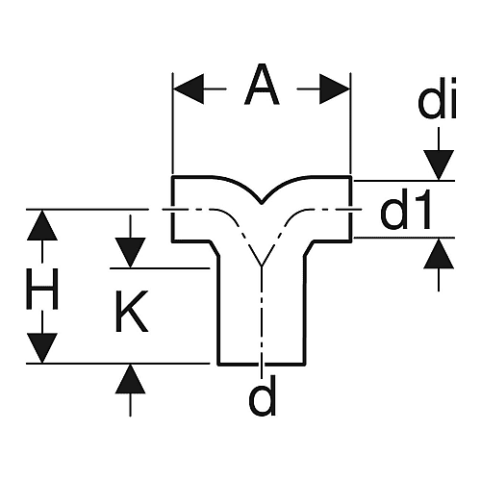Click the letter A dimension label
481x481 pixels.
[262, 85]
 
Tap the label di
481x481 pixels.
[437, 98]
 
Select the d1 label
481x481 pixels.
[406, 210]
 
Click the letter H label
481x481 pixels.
[42, 289]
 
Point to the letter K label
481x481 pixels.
[132, 311]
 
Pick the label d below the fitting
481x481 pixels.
[262, 395]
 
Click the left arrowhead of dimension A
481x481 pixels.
[189, 89]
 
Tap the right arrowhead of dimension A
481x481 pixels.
[334, 89]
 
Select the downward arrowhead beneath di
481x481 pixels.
[439, 165]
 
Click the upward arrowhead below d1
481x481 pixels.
[439, 253]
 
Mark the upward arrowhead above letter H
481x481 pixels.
[42, 225]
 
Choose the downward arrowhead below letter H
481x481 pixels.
[42, 347]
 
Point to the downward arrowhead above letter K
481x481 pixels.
[131, 253]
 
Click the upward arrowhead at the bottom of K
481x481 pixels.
[130, 379]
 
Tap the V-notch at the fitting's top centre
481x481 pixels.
[262, 203]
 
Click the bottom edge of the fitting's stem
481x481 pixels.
[262, 364]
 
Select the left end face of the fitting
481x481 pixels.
[173, 209]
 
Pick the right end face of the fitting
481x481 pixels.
[350, 209]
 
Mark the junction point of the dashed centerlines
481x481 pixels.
[262, 266]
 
